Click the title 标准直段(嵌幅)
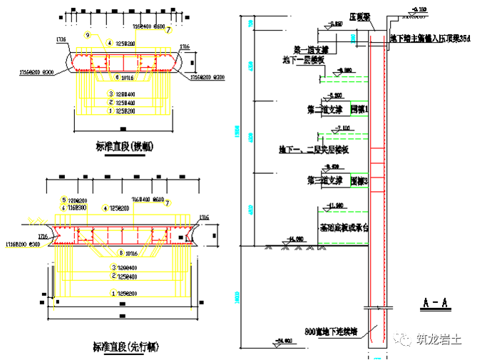(125, 148)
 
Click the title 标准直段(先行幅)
(126, 347)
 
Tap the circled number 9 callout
(87, 35)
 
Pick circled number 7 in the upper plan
(168, 31)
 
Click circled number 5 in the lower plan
(63, 200)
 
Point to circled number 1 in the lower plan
(112, 293)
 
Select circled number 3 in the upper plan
(111, 94)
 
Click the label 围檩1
(358, 110)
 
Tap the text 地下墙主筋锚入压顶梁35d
(431, 37)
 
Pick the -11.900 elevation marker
(337, 206)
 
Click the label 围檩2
(358, 180)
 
